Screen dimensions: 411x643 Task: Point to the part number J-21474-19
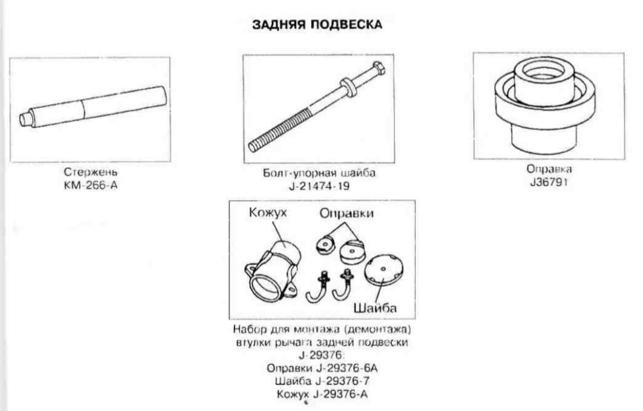pos(319,185)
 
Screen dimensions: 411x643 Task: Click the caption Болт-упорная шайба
pos(319,173)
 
